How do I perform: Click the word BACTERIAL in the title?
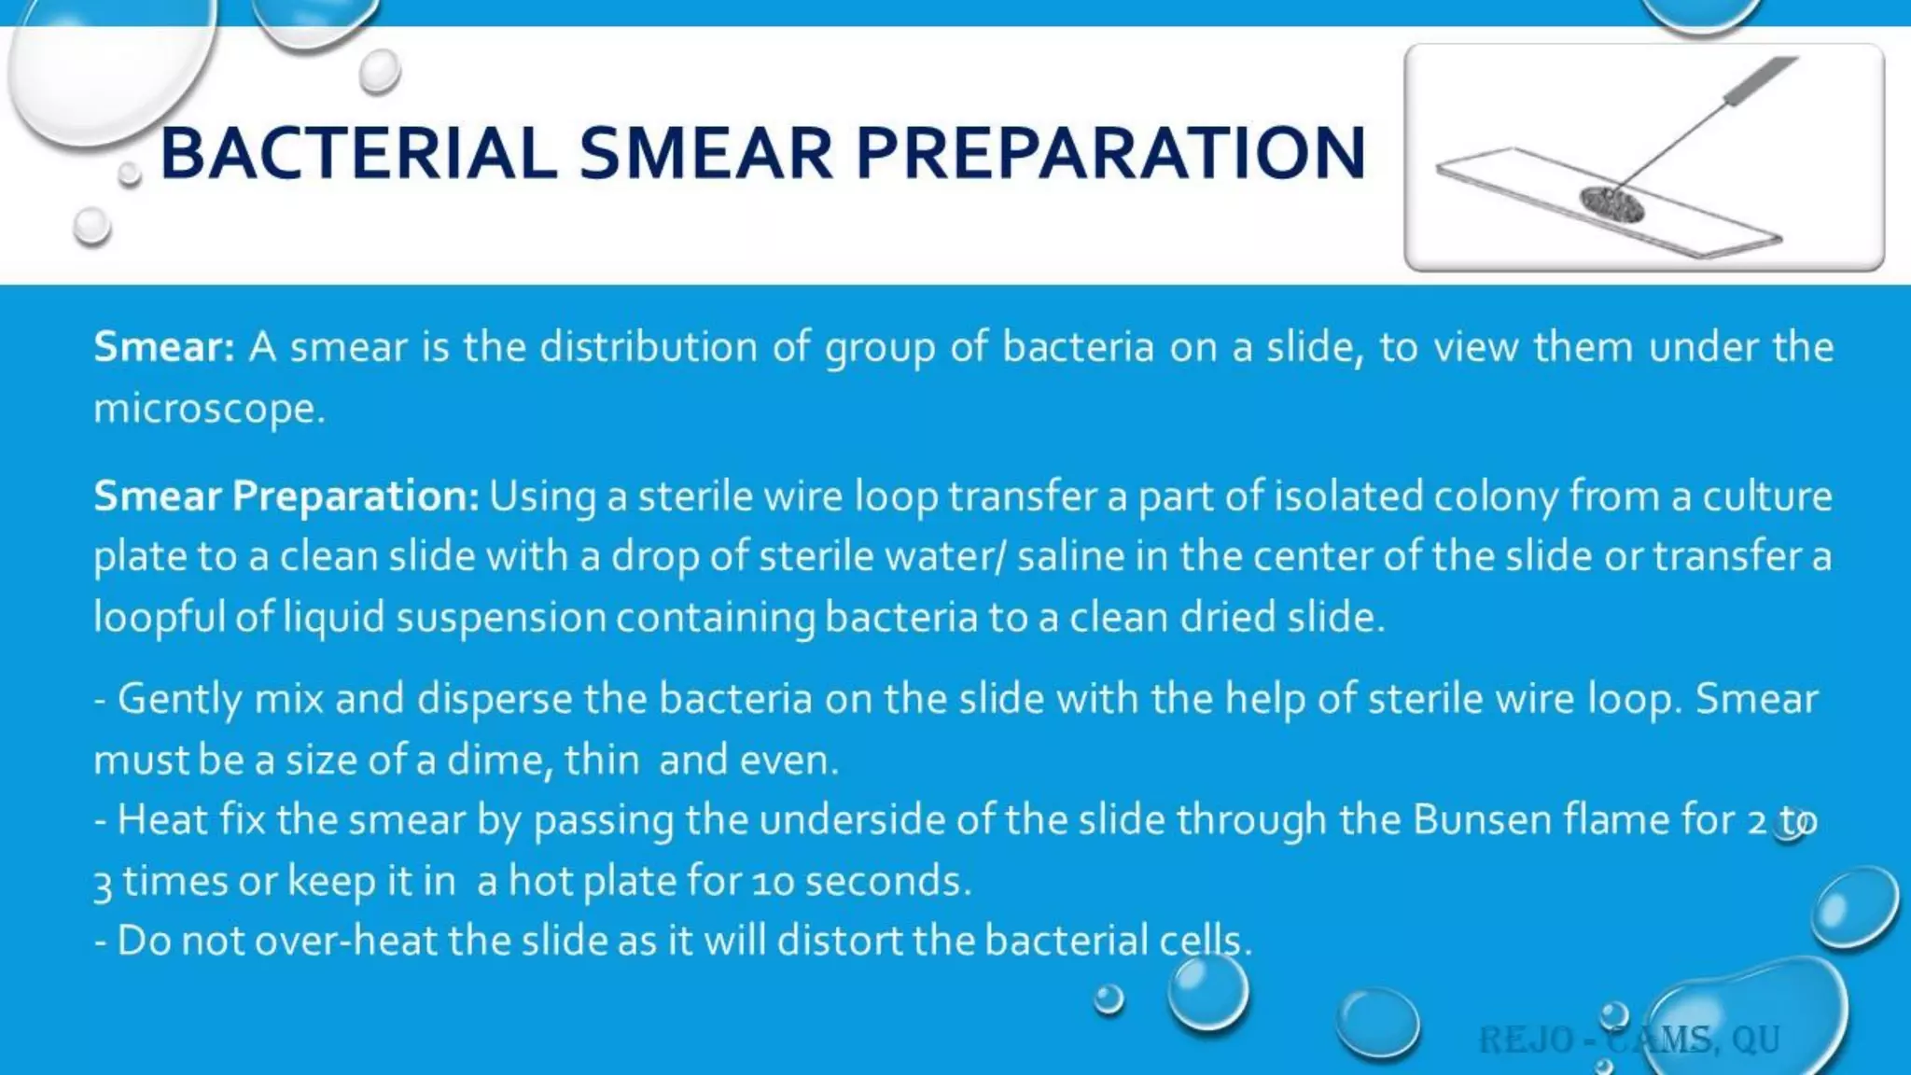[358, 154]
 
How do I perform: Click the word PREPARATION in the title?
[1110, 154]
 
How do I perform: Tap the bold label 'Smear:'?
[164, 347]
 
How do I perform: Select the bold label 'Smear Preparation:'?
[286, 496]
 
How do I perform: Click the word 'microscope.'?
[209, 410]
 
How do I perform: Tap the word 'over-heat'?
[345, 941]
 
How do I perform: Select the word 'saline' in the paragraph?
[1070, 557]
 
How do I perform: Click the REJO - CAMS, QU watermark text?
[1629, 1040]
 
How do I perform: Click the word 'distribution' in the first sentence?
[649, 347]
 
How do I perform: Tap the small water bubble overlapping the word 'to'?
[1790, 825]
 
